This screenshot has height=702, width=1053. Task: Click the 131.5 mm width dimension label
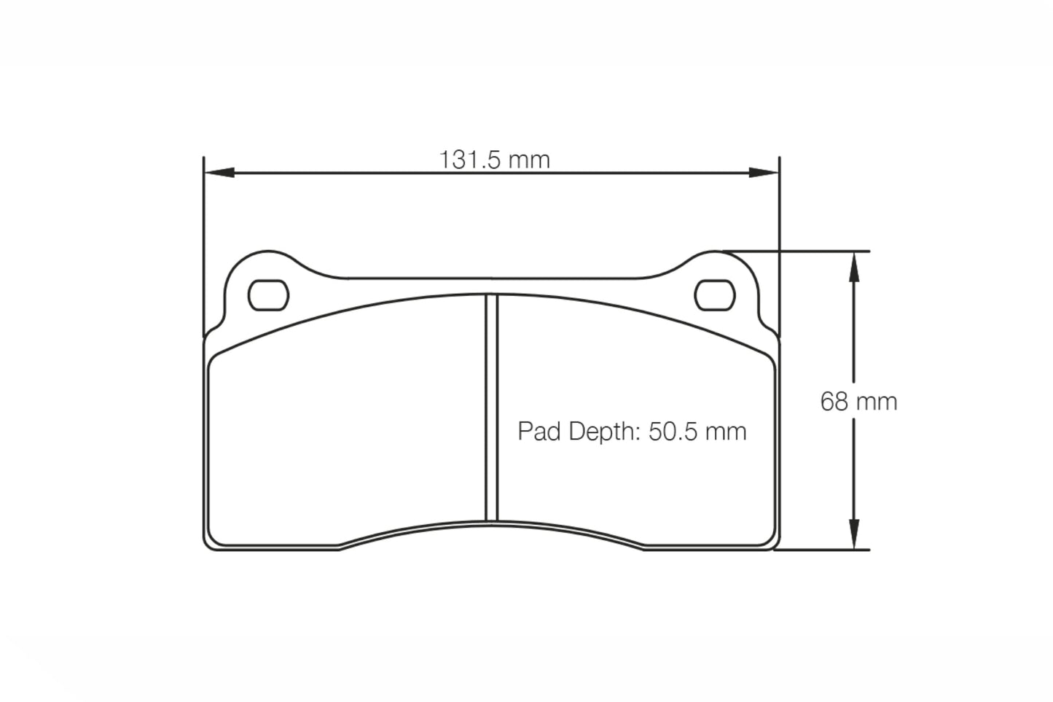(494, 160)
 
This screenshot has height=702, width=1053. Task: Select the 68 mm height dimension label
(858, 402)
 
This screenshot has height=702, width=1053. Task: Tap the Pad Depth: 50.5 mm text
(632, 432)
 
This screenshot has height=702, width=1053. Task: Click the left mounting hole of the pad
(268, 296)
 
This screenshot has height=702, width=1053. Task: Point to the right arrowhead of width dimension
(764, 173)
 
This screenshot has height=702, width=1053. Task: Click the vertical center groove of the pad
(491, 408)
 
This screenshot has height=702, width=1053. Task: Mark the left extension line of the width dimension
(204, 241)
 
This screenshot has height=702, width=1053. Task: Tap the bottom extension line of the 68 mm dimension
(823, 550)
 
